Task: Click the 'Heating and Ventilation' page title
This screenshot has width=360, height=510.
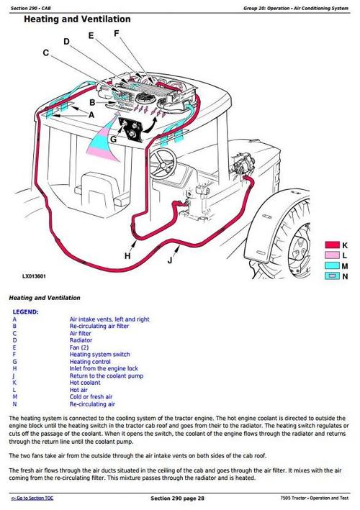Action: [77, 19]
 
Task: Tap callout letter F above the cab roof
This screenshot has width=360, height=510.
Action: [117, 34]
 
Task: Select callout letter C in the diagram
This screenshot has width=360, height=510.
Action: [45, 53]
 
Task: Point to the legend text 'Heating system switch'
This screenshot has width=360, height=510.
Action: [99, 354]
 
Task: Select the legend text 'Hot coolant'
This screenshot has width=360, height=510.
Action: [86, 382]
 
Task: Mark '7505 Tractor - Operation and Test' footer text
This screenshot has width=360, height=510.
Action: [314, 498]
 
